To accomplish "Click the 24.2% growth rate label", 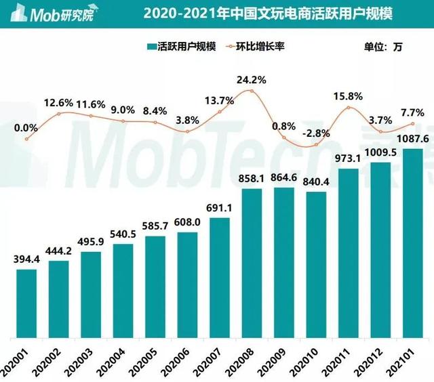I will click(251, 79).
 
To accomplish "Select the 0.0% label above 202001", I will click(25, 127).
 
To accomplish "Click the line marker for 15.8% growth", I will click(349, 108).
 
